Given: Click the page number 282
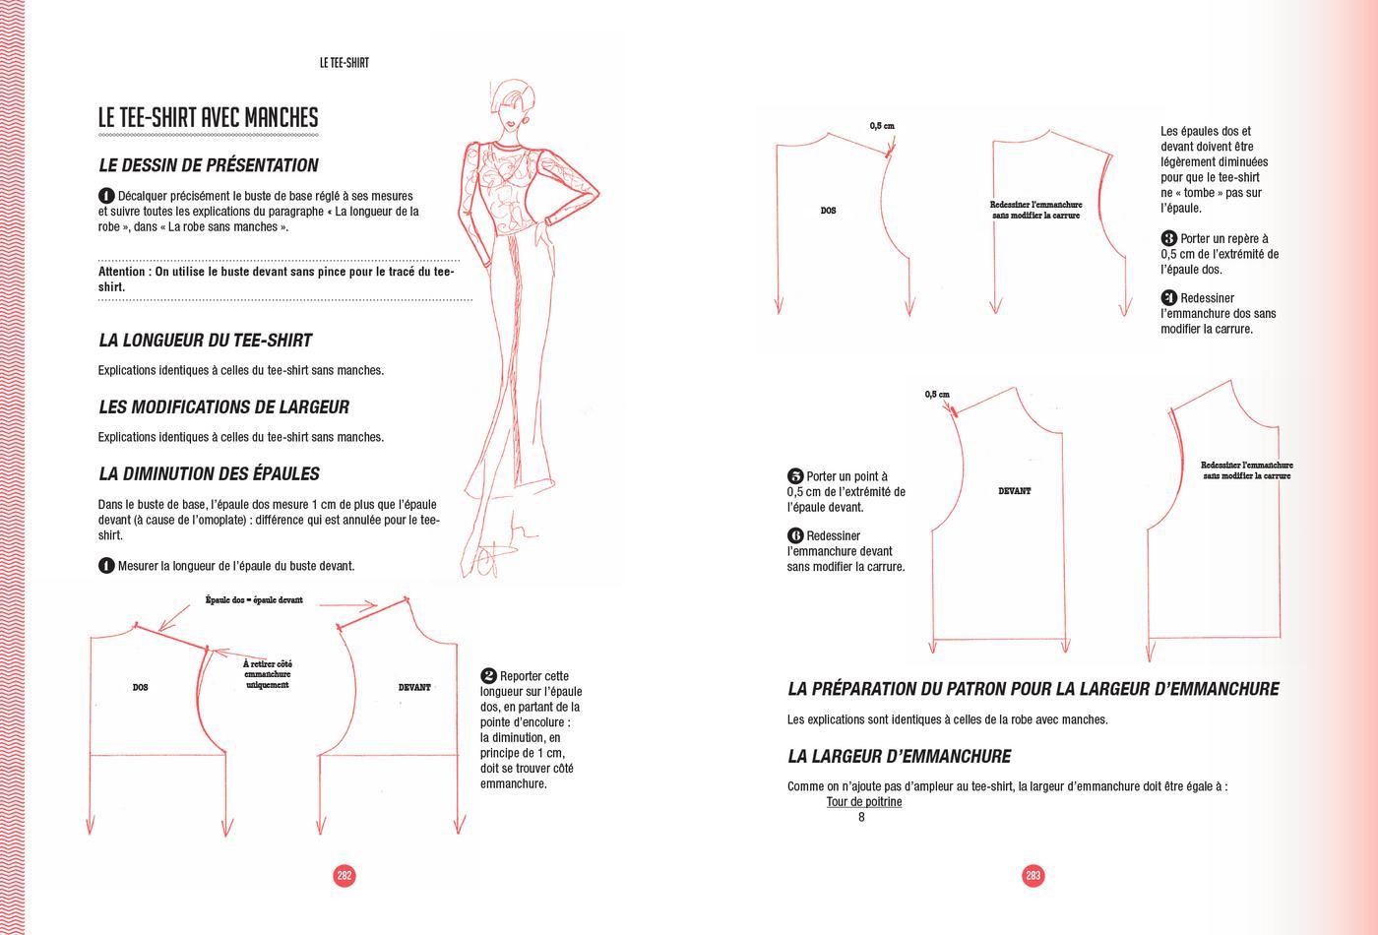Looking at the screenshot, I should [344, 875].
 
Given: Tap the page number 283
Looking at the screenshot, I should [1033, 875].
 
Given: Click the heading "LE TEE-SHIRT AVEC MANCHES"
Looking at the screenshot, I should [208, 118].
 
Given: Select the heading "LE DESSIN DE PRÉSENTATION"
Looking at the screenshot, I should [209, 165].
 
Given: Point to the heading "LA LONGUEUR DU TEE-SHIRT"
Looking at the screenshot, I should [205, 341].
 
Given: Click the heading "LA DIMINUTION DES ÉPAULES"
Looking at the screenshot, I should [209, 473].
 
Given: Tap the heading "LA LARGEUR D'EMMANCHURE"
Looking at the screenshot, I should [899, 756].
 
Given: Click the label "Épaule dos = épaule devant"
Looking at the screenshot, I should [254, 599].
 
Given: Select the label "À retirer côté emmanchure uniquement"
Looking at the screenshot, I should [267, 674].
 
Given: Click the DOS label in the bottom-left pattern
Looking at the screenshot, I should [140, 687].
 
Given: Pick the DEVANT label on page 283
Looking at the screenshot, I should [1015, 490].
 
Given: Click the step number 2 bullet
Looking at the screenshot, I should [488, 675].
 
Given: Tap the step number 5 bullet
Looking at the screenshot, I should [795, 476].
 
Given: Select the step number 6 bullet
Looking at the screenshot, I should [795, 535].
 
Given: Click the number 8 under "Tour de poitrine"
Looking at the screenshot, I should [861, 817].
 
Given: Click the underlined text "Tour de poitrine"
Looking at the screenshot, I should [864, 801].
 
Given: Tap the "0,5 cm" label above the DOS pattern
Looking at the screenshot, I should [882, 126].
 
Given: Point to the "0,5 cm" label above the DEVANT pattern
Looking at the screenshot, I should [937, 395].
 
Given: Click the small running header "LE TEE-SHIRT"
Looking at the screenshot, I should [344, 63].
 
